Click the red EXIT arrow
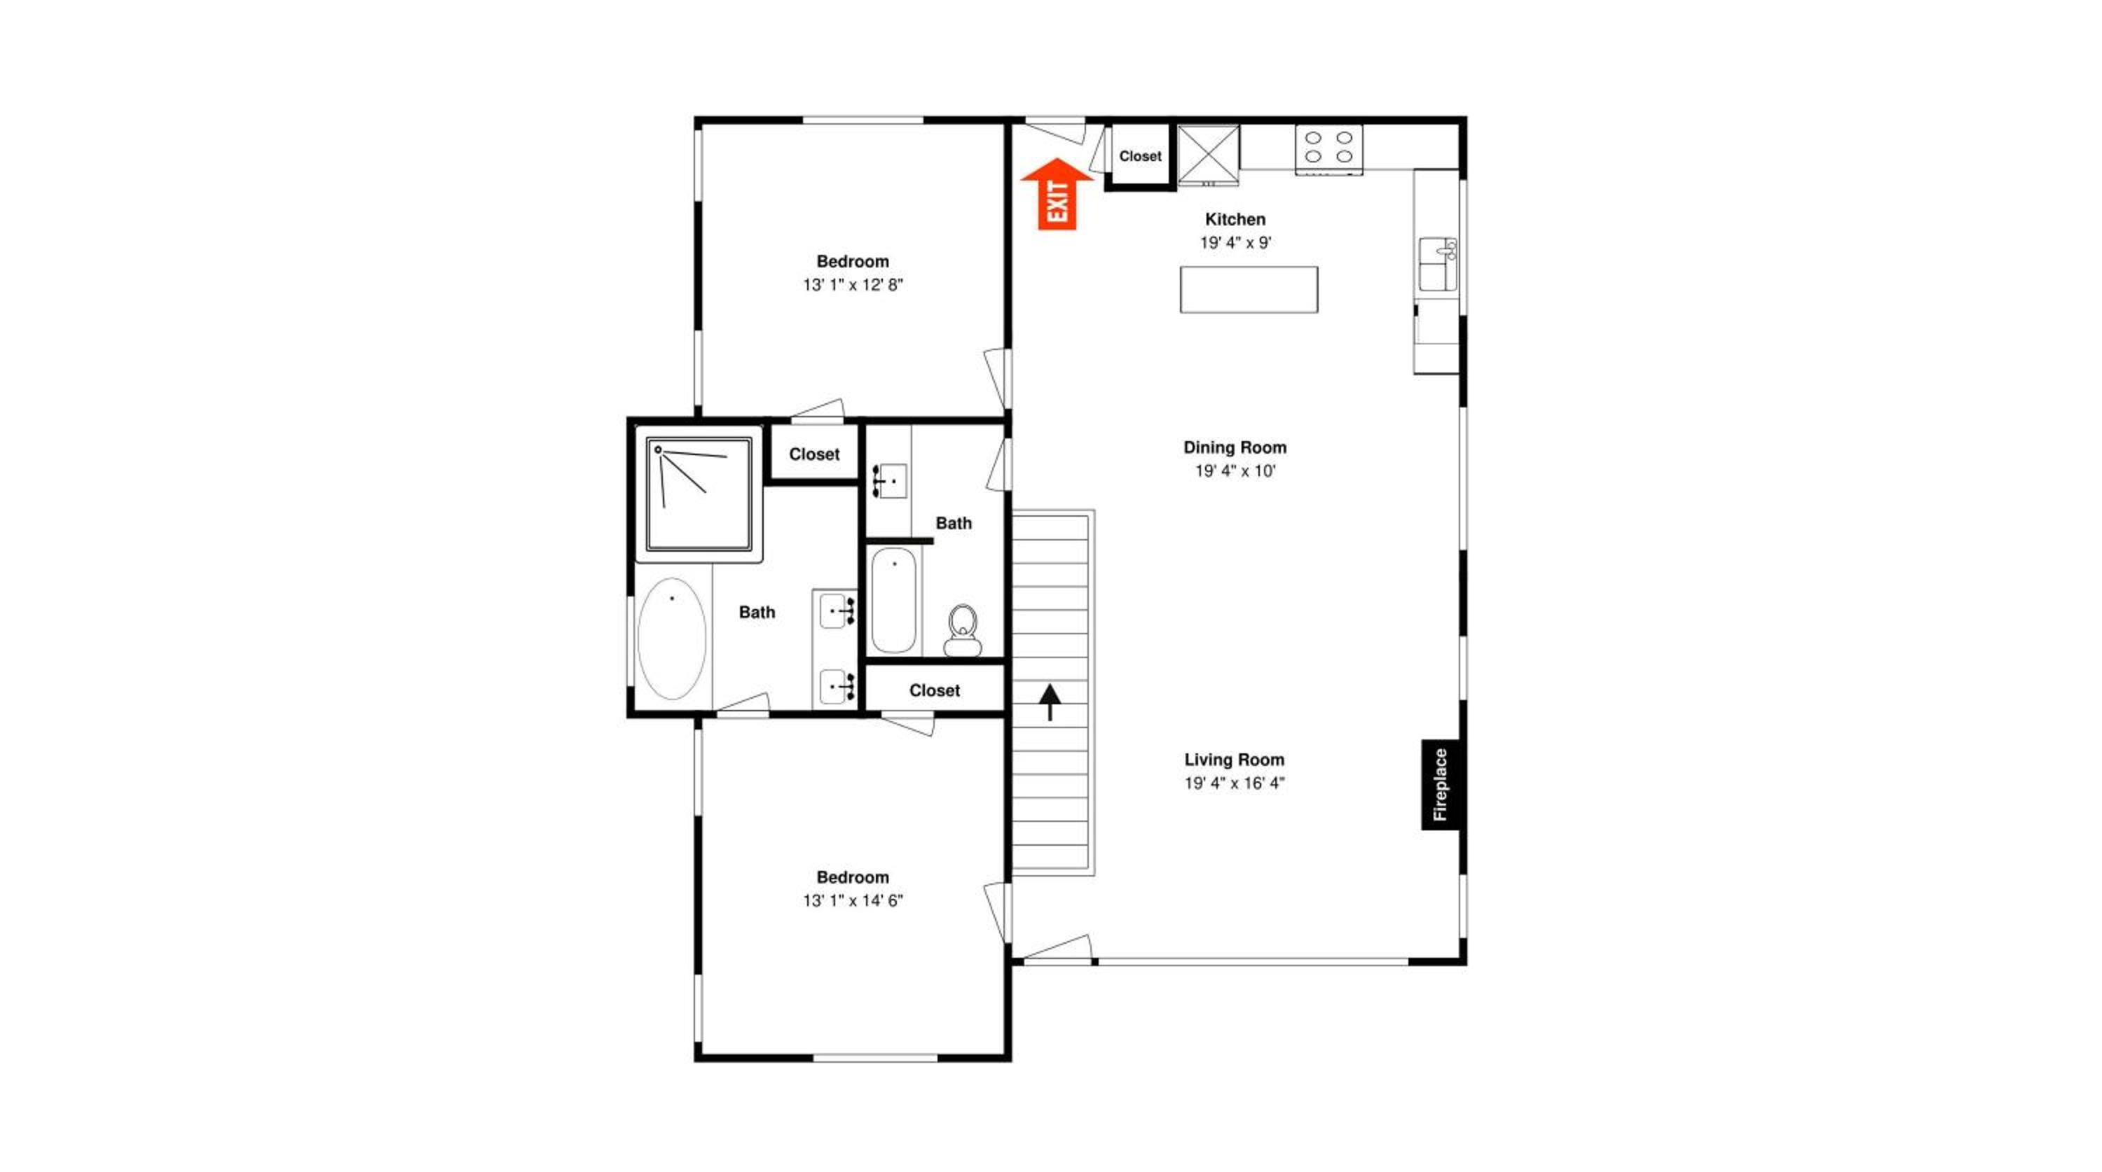[x=1057, y=194]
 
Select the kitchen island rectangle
[x=1249, y=290]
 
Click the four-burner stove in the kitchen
[x=1328, y=148]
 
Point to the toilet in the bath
[x=963, y=630]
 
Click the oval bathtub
[x=671, y=639]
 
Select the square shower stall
[x=699, y=494]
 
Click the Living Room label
[x=1235, y=760]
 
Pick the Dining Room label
[x=1235, y=447]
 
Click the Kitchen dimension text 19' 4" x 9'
[x=1235, y=242]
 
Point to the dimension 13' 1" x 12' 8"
[x=853, y=285]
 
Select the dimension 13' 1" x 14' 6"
[x=853, y=900]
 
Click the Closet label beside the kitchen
[x=1140, y=156]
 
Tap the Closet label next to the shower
[x=814, y=454]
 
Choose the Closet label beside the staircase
[x=934, y=690]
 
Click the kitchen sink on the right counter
[x=1438, y=264]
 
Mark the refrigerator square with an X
[x=1209, y=155]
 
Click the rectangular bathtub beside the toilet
[x=893, y=600]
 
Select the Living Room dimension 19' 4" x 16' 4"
[x=1235, y=783]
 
